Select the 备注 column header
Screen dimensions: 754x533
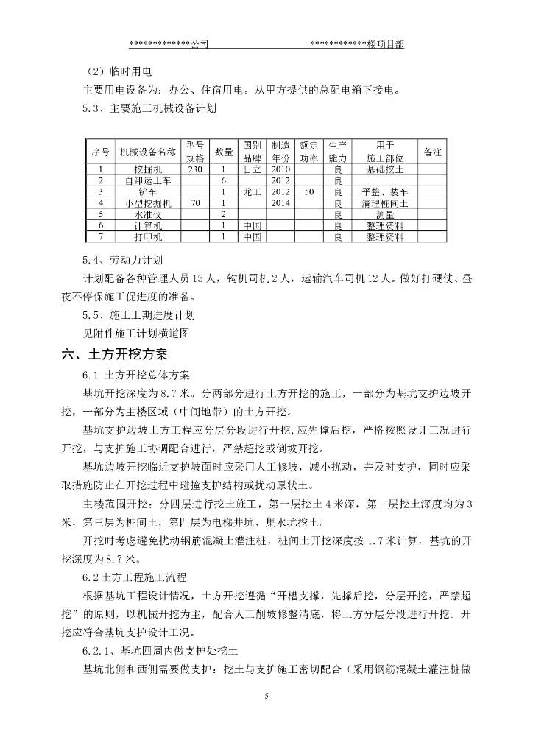pyautogui.click(x=433, y=152)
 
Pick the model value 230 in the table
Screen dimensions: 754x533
pyautogui.click(x=195, y=169)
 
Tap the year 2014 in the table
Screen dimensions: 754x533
pyautogui.click(x=281, y=202)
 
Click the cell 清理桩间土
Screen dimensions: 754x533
pyautogui.click(x=385, y=202)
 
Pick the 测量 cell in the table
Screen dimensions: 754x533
pyautogui.click(x=385, y=214)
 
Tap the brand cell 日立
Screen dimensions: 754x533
pyautogui.click(x=253, y=169)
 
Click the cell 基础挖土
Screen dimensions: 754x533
pyautogui.click(x=385, y=169)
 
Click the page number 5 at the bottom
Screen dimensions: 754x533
pyautogui.click(x=266, y=695)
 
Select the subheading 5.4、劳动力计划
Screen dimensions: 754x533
pyautogui.click(x=123, y=261)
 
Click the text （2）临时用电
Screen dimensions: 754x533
pyautogui.click(x=119, y=72)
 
